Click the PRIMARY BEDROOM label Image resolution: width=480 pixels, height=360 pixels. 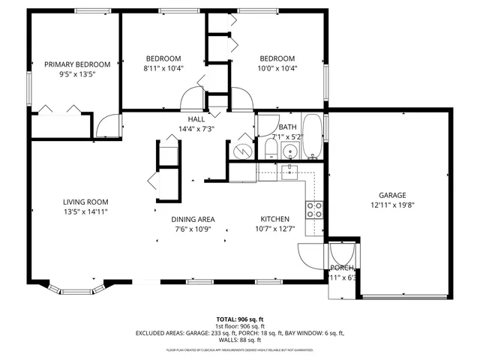pos(77,64)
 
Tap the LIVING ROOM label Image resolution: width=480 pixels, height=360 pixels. pos(85,202)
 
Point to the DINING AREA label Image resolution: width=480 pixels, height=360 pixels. pos(193,219)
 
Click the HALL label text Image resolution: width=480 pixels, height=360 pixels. pos(196,119)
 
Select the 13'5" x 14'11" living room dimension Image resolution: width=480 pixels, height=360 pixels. pos(85,212)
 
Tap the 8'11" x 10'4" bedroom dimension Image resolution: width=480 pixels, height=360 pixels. pos(163,69)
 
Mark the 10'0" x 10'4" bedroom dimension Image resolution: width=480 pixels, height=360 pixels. pos(277,69)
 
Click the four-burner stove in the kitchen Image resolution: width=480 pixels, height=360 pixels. pos(314,209)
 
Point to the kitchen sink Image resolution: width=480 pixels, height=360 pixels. pos(288,172)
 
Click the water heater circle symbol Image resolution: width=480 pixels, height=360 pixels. pos(241,150)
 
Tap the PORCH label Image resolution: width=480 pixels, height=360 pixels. pos(342,268)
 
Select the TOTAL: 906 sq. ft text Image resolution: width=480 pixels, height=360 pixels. pos(239,319)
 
